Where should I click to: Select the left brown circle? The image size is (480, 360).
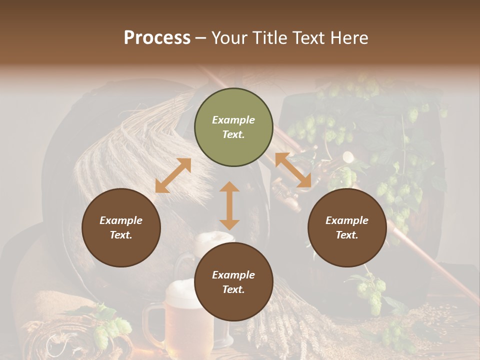121,227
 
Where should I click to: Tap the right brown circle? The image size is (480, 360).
347,227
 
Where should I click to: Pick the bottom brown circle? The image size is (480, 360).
233,282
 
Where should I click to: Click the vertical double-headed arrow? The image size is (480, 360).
229,205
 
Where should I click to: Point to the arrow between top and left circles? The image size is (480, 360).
173,175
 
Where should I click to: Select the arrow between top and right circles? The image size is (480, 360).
293,170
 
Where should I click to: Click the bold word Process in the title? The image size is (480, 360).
157,38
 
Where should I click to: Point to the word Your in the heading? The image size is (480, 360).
229,38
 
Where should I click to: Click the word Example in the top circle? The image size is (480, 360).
233,120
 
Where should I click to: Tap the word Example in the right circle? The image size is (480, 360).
347,220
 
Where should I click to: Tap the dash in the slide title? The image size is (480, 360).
201,38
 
